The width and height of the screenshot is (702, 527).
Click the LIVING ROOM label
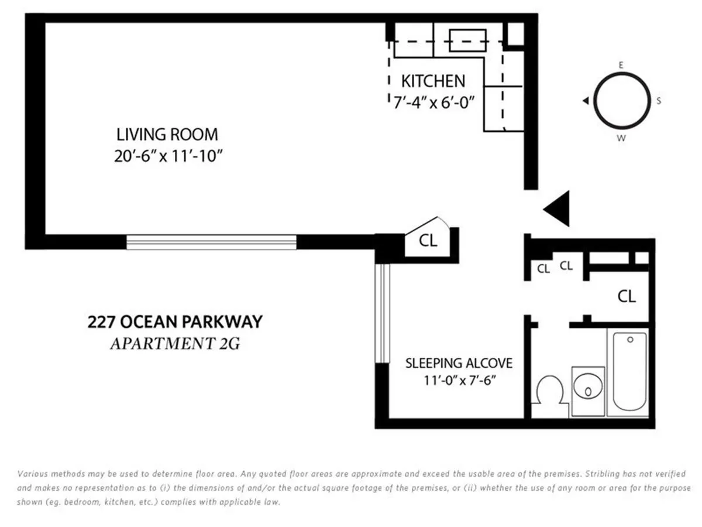click(167, 134)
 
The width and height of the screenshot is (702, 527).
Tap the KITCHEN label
click(433, 81)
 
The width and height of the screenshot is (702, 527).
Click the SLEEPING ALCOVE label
click(459, 363)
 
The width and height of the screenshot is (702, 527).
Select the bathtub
click(628, 372)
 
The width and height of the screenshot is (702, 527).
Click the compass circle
click(621, 101)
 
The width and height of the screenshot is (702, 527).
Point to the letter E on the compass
click(621, 66)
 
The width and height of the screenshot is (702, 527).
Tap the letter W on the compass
click(621, 138)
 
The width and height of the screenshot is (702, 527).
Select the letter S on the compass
click(658, 101)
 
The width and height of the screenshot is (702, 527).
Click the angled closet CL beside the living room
click(429, 241)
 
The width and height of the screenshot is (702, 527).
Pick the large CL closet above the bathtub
click(627, 296)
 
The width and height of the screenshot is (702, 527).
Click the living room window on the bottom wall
click(211, 242)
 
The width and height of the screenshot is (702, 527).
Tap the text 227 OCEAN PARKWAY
click(175, 321)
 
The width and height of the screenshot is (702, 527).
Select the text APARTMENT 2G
click(175, 343)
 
